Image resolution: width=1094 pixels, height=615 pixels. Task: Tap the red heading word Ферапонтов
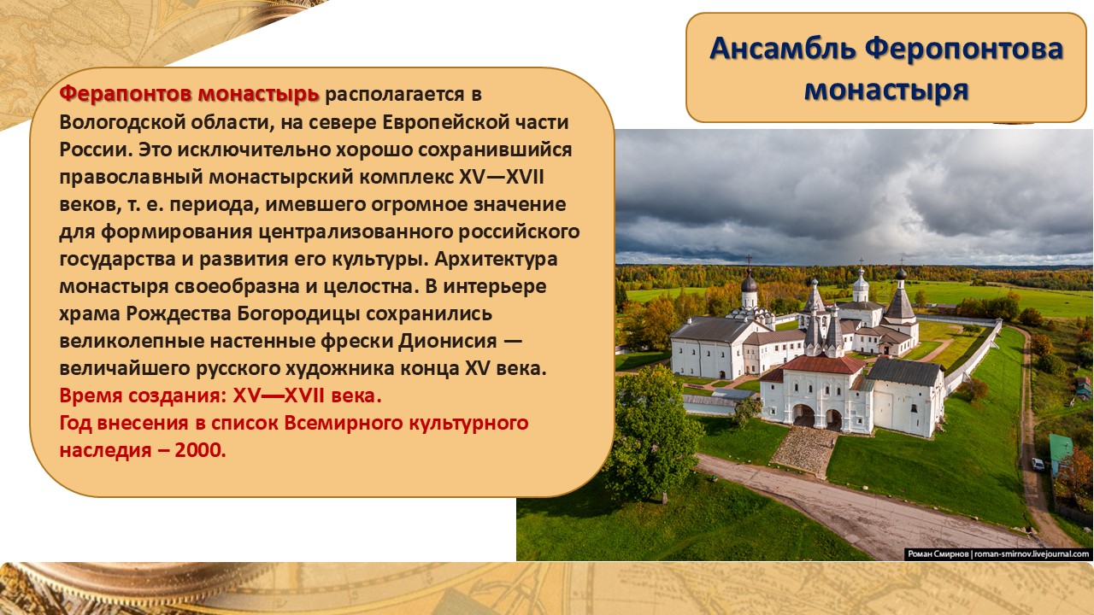[x=125, y=93]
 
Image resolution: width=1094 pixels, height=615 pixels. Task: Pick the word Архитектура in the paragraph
[x=496, y=259]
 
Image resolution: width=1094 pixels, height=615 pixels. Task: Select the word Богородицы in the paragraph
[x=298, y=313]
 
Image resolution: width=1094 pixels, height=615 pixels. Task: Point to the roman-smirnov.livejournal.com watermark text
[x=1032, y=554]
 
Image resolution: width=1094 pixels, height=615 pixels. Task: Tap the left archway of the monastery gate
[x=803, y=415]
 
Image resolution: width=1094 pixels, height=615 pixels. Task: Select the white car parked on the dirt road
[x=1038, y=464]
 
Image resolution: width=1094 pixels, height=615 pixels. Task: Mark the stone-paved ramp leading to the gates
[x=805, y=450]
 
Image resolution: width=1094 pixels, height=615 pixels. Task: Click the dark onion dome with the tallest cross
[x=749, y=283]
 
